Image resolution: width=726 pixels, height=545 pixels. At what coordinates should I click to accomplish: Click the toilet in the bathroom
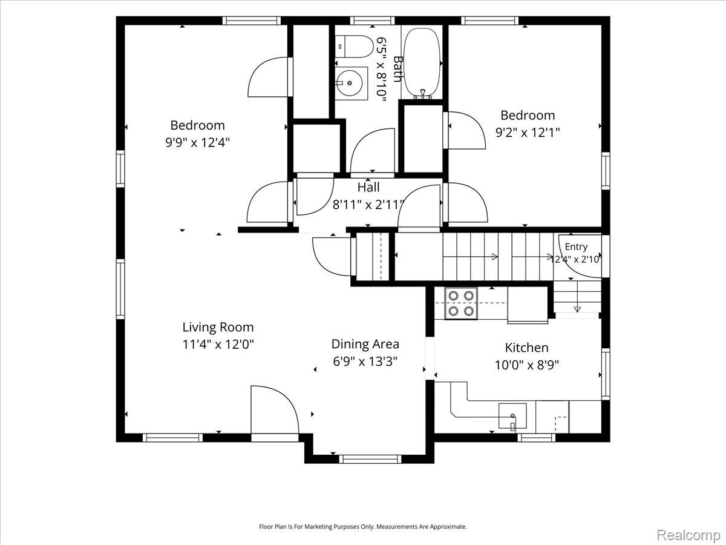354,47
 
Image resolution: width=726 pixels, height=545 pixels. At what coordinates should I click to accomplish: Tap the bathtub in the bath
422,63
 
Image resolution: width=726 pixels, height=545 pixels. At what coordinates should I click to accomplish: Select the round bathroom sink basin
349,83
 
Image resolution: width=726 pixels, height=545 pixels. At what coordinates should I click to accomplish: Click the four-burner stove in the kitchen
461,303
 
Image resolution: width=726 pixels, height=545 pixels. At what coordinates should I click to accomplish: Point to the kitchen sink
512,416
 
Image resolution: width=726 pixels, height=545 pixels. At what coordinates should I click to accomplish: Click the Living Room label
218,327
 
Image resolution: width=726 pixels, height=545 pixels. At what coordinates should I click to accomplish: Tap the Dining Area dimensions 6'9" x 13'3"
365,361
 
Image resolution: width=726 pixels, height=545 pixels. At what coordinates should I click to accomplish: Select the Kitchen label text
526,348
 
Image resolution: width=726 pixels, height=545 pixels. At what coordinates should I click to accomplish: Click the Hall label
368,187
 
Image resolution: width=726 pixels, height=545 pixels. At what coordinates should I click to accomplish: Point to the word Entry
576,247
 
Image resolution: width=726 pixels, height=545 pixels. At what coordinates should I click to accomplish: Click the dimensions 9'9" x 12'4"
197,143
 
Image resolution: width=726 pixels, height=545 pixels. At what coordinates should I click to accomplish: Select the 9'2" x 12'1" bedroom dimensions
528,133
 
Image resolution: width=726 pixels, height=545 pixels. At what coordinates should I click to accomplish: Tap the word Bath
398,69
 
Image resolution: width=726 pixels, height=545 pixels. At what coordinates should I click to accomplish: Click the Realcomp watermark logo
688,526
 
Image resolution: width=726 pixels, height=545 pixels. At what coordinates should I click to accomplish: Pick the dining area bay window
370,459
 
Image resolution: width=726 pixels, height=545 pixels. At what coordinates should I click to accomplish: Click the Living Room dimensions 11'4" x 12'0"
218,345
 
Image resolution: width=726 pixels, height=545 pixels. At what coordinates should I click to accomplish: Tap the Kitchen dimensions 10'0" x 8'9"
526,365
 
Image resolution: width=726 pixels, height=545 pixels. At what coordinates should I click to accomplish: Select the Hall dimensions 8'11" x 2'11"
368,205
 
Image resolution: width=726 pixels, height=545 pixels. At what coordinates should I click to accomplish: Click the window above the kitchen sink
537,438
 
